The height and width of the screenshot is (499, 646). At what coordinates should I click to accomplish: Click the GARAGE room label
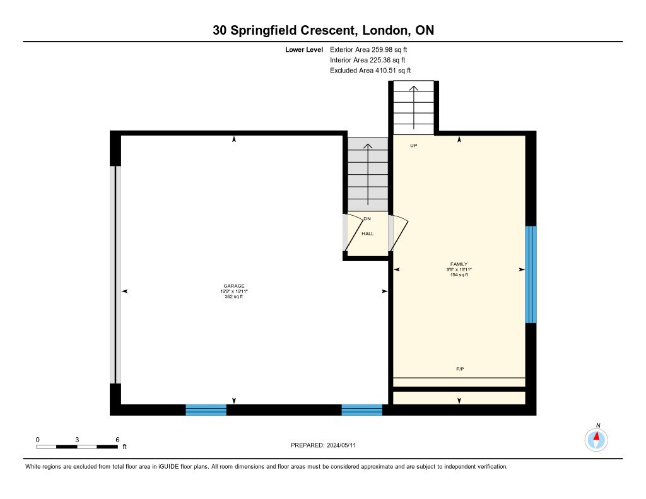pos(233,286)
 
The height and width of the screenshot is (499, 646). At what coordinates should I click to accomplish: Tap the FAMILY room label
pos(459,264)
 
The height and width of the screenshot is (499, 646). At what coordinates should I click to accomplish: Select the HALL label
pos(368,234)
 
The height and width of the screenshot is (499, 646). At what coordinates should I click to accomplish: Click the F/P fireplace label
pos(460,368)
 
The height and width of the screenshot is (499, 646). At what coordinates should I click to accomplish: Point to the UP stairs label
pos(414,146)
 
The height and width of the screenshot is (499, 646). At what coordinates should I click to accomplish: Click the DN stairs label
pos(367,219)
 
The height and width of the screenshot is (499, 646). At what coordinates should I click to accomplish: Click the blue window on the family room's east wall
pos(531,274)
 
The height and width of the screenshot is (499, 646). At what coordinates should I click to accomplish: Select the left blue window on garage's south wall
pos(206,410)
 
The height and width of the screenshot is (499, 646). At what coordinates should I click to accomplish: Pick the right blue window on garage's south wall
pos(361,410)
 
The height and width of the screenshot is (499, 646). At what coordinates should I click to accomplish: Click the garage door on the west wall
pos(114,274)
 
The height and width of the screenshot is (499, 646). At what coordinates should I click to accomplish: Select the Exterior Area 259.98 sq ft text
pos(373,49)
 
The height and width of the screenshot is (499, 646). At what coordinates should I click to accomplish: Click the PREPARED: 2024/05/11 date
pos(327,445)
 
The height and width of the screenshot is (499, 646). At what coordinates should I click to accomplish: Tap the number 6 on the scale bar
pos(117,439)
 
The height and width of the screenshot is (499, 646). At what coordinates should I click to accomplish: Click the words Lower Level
pos(303,49)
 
